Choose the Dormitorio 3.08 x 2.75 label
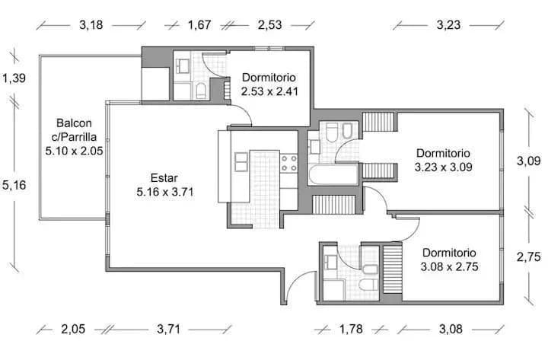449,260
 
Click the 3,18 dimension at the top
91,25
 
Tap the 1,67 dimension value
199,25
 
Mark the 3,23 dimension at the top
448,25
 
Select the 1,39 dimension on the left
14,78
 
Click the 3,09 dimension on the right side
528,161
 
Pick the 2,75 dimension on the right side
528,257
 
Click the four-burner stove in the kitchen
288,161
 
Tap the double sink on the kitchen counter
241,161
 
